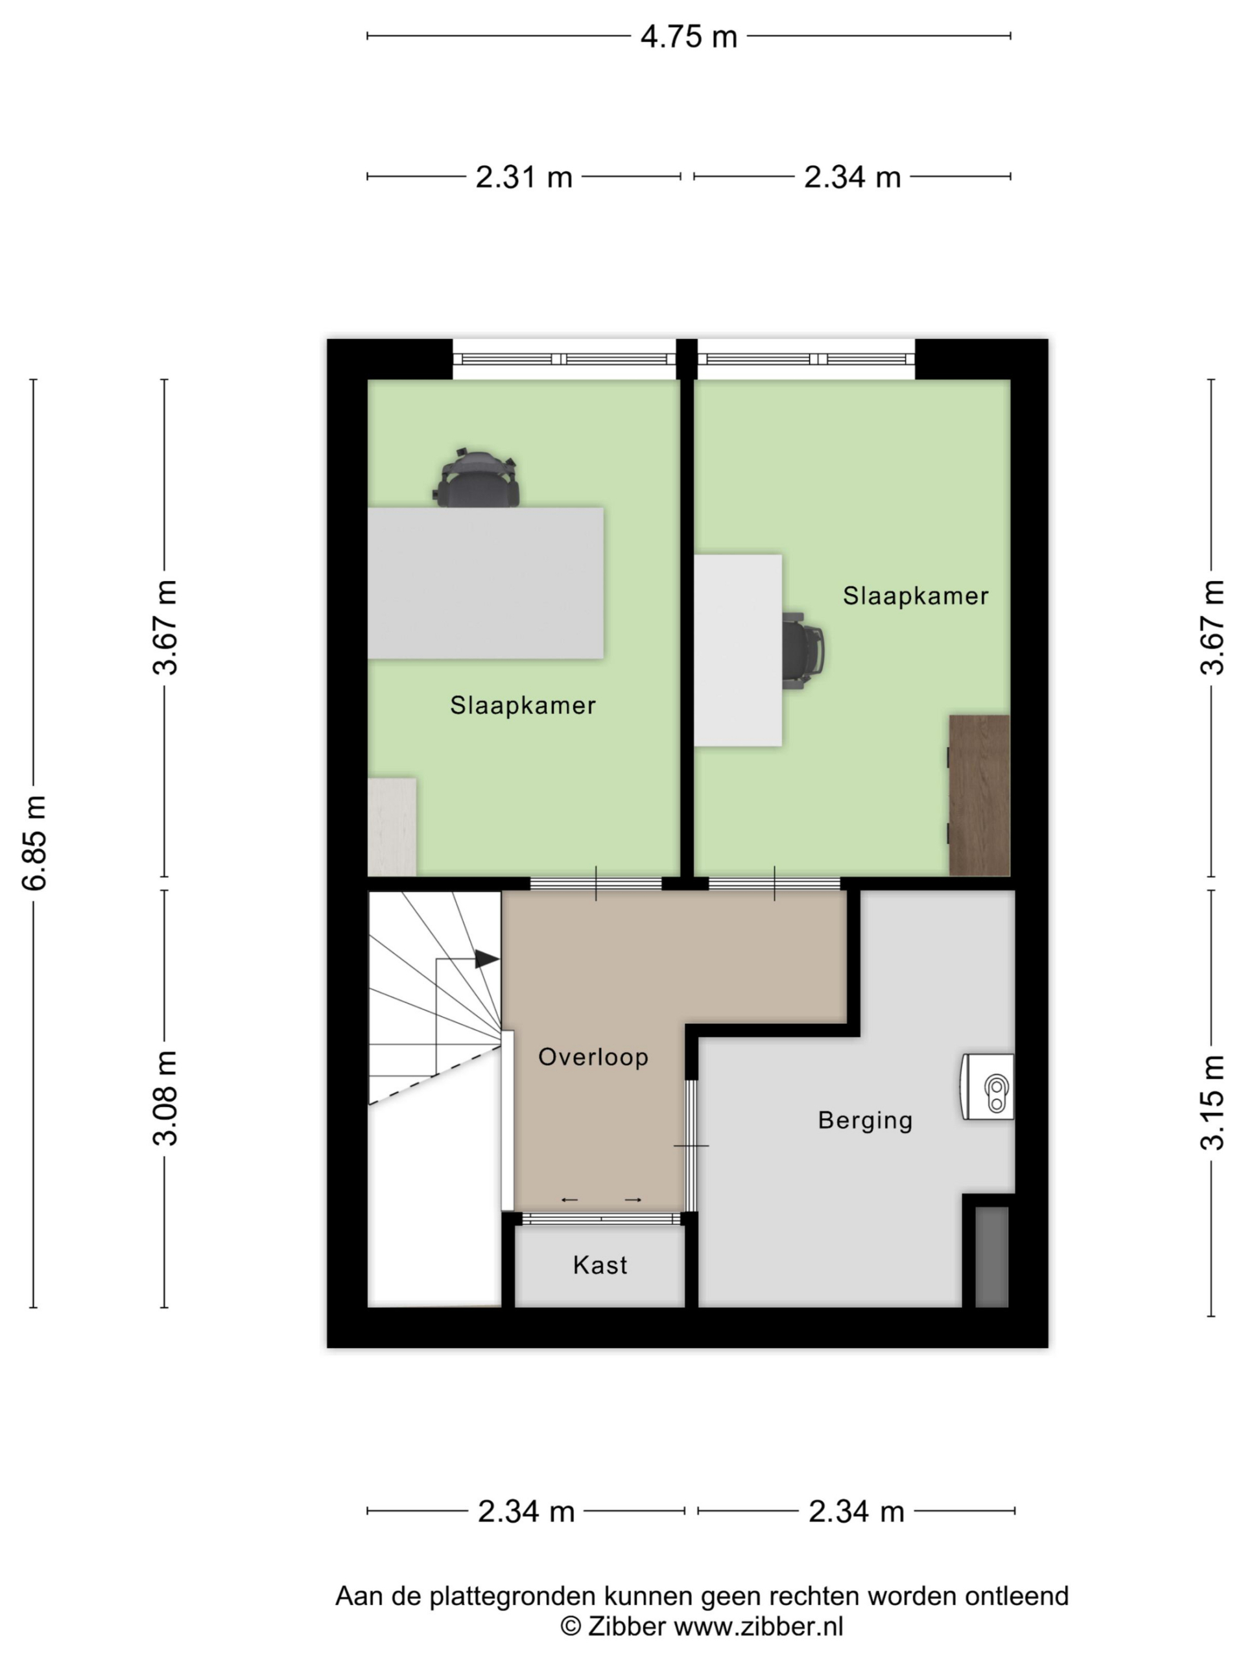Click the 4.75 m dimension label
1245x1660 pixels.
click(688, 37)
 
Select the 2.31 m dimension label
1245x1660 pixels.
click(524, 178)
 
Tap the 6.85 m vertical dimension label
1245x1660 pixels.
click(34, 842)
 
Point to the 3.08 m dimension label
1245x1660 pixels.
click(165, 1098)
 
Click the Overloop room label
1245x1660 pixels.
click(593, 1058)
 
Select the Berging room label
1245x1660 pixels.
click(865, 1121)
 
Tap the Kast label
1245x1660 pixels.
click(600, 1265)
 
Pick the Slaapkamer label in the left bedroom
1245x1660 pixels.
click(523, 705)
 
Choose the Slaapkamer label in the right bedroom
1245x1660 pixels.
click(916, 596)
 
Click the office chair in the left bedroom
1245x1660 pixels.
click(477, 478)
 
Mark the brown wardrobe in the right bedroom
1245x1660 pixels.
click(978, 795)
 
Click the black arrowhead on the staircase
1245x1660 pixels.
click(486, 959)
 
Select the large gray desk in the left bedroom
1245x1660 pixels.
click(485, 583)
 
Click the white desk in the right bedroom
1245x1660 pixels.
click(738, 650)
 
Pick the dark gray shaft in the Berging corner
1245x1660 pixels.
click(991, 1257)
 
